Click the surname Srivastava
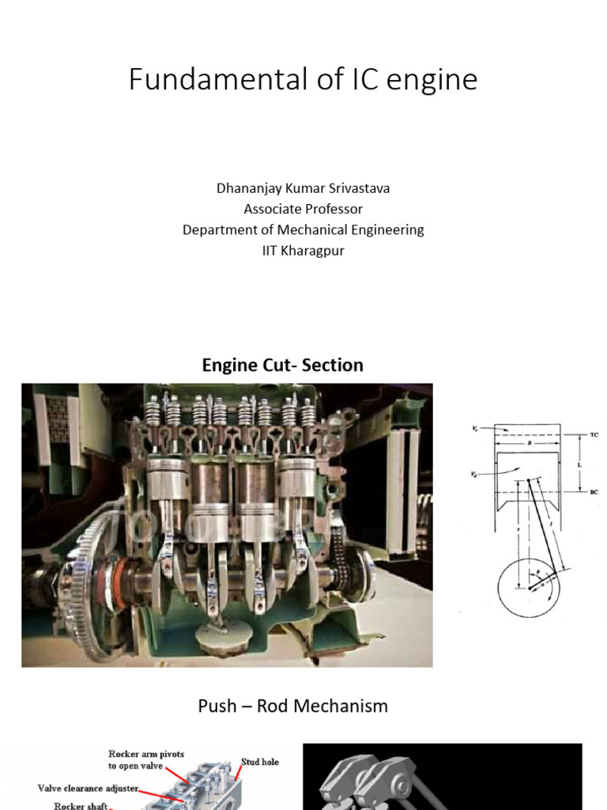click(x=361, y=188)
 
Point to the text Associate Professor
click(x=303, y=209)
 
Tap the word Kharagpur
click(x=311, y=250)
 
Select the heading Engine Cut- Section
click(x=282, y=365)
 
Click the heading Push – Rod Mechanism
click(x=292, y=706)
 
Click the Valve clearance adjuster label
click(x=88, y=788)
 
